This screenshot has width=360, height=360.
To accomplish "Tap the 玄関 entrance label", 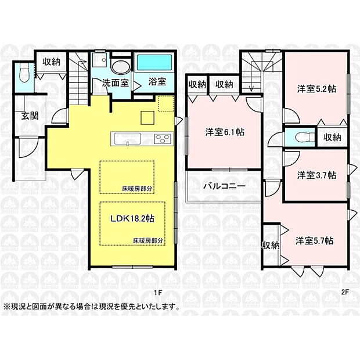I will pyautogui.click(x=23, y=116).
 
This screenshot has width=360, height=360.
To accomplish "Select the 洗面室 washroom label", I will pyautogui.click(x=116, y=82).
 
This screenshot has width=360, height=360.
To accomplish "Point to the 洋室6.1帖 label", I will pyautogui.click(x=224, y=132).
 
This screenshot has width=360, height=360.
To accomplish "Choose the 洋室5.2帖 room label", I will pyautogui.click(x=316, y=89).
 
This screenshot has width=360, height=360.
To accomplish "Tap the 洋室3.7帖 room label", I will pyautogui.click(x=316, y=175).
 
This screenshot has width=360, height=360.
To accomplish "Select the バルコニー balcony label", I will pyautogui.click(x=224, y=186).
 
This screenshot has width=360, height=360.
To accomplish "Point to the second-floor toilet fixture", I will pyautogui.click(x=300, y=137).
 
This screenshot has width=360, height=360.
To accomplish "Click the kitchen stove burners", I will pyautogui.click(x=162, y=139).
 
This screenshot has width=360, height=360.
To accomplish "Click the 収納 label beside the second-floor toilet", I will pyautogui.click(x=332, y=138).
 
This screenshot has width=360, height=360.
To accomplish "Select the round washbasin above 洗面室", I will pyautogui.click(x=122, y=66).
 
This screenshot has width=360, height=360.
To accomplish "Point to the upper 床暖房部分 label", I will pyautogui.click(x=137, y=189).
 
